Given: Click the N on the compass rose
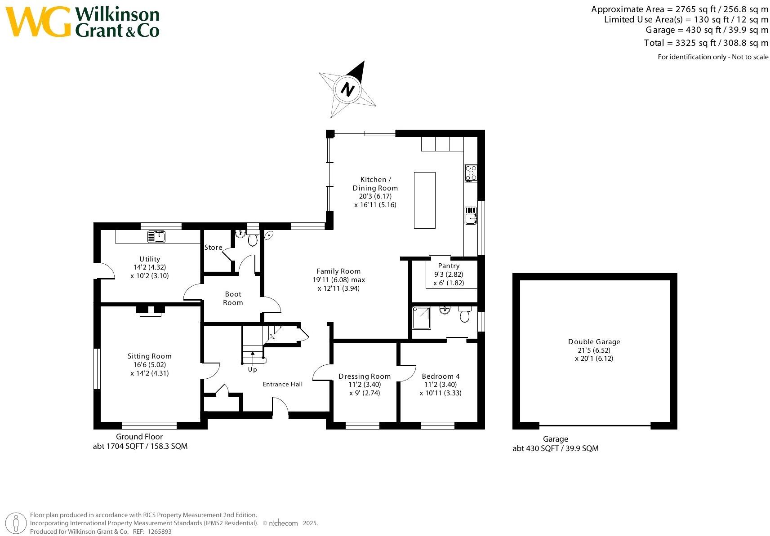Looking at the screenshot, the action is tap(347, 89).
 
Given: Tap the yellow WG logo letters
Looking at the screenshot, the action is tap(38, 22).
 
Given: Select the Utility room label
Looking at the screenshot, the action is tap(150, 259).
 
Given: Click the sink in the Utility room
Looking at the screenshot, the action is tap(156, 236).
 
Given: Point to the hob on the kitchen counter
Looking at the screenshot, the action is tap(471, 173).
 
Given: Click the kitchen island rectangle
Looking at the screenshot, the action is tap(425, 200).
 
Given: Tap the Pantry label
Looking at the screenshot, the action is tap(449, 266).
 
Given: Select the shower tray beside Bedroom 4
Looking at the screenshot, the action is tap(421, 318).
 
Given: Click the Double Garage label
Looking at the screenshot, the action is tap(594, 342).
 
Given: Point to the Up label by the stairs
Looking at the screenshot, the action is tap(253, 370).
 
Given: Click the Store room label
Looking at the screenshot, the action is tap(214, 248).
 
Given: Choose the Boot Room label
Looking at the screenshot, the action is tap(233, 298).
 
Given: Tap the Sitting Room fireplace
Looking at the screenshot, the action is tap(151, 310).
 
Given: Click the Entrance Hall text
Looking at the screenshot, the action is tap(283, 384).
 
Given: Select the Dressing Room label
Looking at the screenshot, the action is tap(365, 377).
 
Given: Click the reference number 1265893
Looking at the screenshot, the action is tap(160, 532).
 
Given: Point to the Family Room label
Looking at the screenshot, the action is tap(338, 271).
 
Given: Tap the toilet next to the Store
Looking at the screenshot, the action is tap(253, 240).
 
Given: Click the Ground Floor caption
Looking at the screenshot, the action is tap(139, 437).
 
